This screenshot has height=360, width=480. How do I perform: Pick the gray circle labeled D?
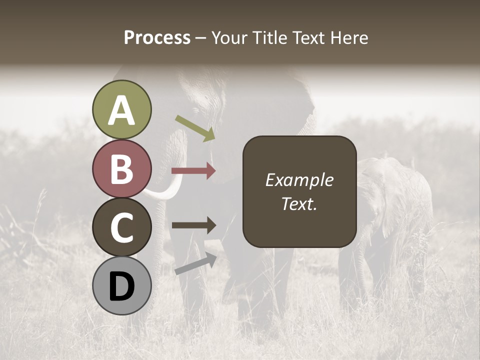[121, 286]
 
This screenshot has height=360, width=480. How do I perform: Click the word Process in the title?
[157, 37]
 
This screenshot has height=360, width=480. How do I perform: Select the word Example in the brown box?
[299, 180]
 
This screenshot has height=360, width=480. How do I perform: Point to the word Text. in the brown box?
[299, 203]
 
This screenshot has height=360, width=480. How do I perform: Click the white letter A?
[121, 110]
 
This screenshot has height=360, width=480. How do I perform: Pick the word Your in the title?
[230, 37]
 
